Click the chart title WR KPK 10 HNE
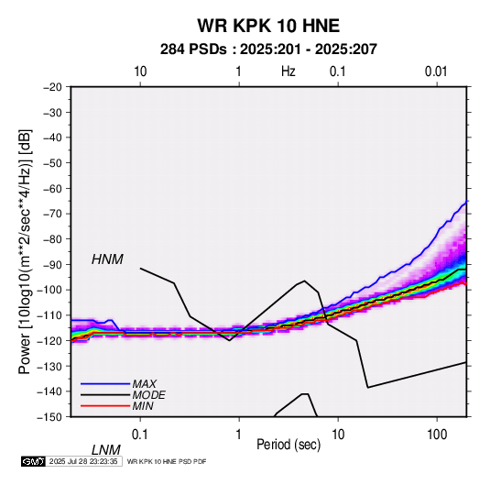pos(268,26)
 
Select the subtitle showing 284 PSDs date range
pos(268,50)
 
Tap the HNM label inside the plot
pos(107,259)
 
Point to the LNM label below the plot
pos(105,450)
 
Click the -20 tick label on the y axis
pos(52,87)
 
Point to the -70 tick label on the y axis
pos(52,214)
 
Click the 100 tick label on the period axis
pos(437,435)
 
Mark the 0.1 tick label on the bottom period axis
pos(140,435)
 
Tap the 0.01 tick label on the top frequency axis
pos(436,72)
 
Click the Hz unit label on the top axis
pos(289,72)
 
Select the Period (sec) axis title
pos(289,445)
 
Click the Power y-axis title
pos(25,252)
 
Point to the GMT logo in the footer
pos(34,461)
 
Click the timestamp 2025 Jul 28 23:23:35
pos(83,461)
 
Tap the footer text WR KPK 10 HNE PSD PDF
pos(167,461)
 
